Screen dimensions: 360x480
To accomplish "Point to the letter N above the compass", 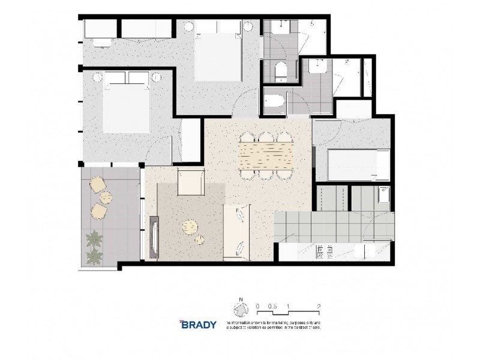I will click(241, 299).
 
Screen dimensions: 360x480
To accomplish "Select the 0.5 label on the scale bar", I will click(272, 306).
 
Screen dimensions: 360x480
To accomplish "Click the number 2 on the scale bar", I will click(319, 306).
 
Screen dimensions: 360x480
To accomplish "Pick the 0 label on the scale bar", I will click(257, 306).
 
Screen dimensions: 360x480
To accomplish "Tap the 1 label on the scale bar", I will click(289, 306).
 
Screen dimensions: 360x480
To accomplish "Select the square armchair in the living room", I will click(191, 182).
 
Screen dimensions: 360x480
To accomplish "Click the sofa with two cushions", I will click(237, 231).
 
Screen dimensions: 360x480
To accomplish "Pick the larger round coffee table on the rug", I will click(191, 228).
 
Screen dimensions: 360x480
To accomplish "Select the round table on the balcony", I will click(106, 197).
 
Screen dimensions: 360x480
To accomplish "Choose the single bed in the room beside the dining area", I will click(352, 165).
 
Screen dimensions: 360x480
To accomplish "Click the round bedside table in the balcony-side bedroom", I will click(157, 77).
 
